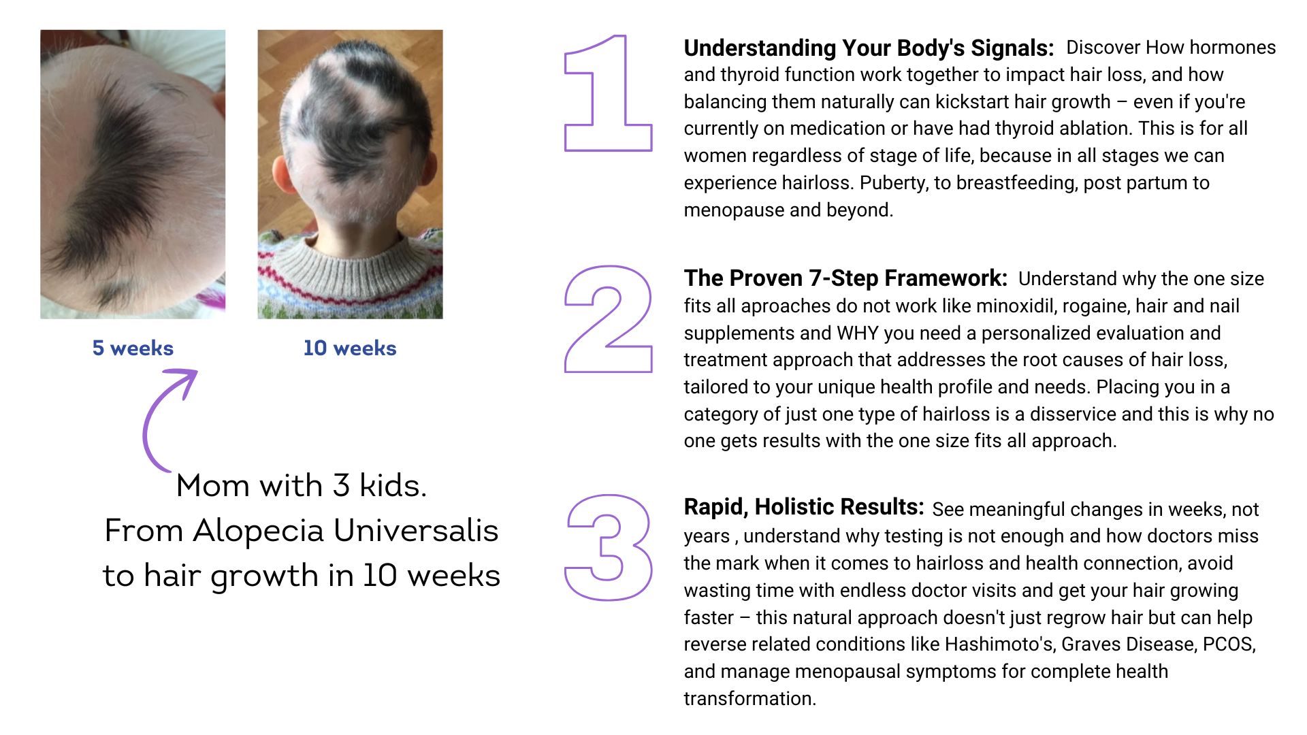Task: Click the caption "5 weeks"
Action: coord(133,348)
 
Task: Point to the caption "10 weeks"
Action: coord(350,348)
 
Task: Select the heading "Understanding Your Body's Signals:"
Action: coord(869,48)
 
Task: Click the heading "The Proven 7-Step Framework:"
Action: coord(845,278)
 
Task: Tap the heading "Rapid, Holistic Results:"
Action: coord(804,508)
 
